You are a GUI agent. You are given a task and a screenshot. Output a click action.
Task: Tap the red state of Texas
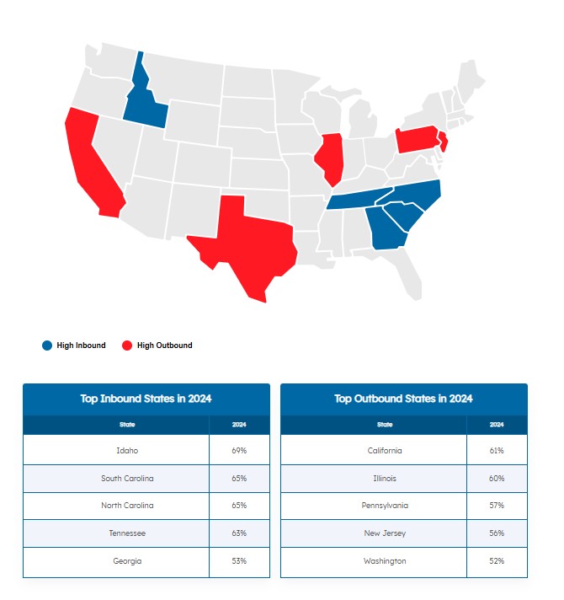[x=248, y=244]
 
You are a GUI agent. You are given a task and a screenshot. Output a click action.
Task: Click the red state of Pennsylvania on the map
[x=417, y=139]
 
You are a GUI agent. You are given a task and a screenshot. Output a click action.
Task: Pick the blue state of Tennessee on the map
[x=362, y=199]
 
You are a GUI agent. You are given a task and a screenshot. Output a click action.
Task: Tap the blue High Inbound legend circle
[x=46, y=346]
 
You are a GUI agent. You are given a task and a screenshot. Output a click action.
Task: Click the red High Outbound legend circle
[x=127, y=346]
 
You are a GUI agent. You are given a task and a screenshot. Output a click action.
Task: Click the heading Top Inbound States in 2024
[x=146, y=399]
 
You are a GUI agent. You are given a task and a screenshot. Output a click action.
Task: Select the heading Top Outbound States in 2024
[x=403, y=399]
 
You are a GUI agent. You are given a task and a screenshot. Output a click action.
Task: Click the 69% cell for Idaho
[x=239, y=451]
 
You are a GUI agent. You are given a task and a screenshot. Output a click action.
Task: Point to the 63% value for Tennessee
[x=239, y=533]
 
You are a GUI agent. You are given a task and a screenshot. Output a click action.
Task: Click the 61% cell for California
[x=497, y=451]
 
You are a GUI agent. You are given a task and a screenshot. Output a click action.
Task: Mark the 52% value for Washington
[x=497, y=561]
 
